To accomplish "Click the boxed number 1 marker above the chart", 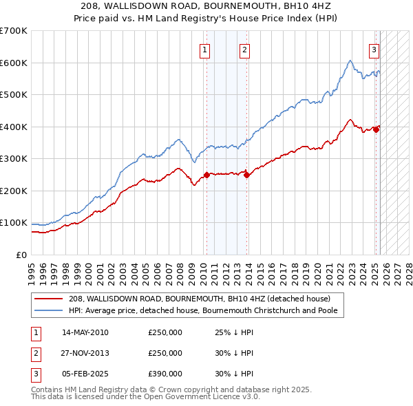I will (x=205, y=49).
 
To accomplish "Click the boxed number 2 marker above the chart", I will (x=244, y=49).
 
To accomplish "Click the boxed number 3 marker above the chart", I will (x=374, y=49).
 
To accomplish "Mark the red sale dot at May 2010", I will (x=206, y=175).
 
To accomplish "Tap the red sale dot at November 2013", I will (x=247, y=175).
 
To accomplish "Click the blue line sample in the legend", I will (x=48, y=310).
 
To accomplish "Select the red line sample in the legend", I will (x=48, y=299).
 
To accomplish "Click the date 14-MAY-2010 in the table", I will (x=85, y=332).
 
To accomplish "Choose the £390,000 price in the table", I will (x=165, y=374).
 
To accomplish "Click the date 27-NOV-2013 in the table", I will (x=85, y=353).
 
